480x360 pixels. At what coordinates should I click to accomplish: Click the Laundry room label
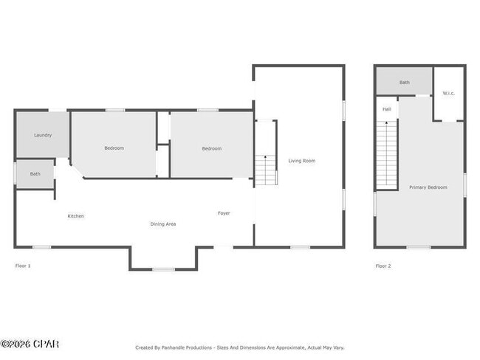tap(42, 135)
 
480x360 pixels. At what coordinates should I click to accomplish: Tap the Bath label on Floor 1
tap(35, 174)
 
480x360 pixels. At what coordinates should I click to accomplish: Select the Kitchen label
tap(75, 216)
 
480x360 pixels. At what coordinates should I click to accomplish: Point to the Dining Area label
tap(162, 224)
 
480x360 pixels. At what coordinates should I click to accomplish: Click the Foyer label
tap(223, 213)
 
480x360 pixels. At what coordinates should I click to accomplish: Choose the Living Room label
tap(301, 160)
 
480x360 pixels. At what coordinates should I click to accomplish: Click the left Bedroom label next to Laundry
tap(114, 148)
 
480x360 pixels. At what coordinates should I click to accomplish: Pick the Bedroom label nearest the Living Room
tap(211, 148)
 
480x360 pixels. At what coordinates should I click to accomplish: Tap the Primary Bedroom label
tap(428, 187)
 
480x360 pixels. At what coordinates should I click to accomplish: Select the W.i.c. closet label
tap(448, 93)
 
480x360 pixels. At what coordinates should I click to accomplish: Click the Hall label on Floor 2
tap(386, 109)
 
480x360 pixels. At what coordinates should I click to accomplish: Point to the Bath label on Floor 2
tap(404, 83)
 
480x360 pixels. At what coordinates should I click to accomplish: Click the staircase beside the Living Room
tap(266, 170)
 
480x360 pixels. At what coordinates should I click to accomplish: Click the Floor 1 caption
tap(23, 266)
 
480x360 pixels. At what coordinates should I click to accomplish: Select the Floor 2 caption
tap(383, 266)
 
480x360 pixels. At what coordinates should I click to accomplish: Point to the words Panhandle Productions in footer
tap(190, 347)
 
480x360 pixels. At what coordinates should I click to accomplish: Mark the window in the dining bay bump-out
tap(163, 269)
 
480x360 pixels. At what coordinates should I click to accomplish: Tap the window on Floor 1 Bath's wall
tap(16, 173)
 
